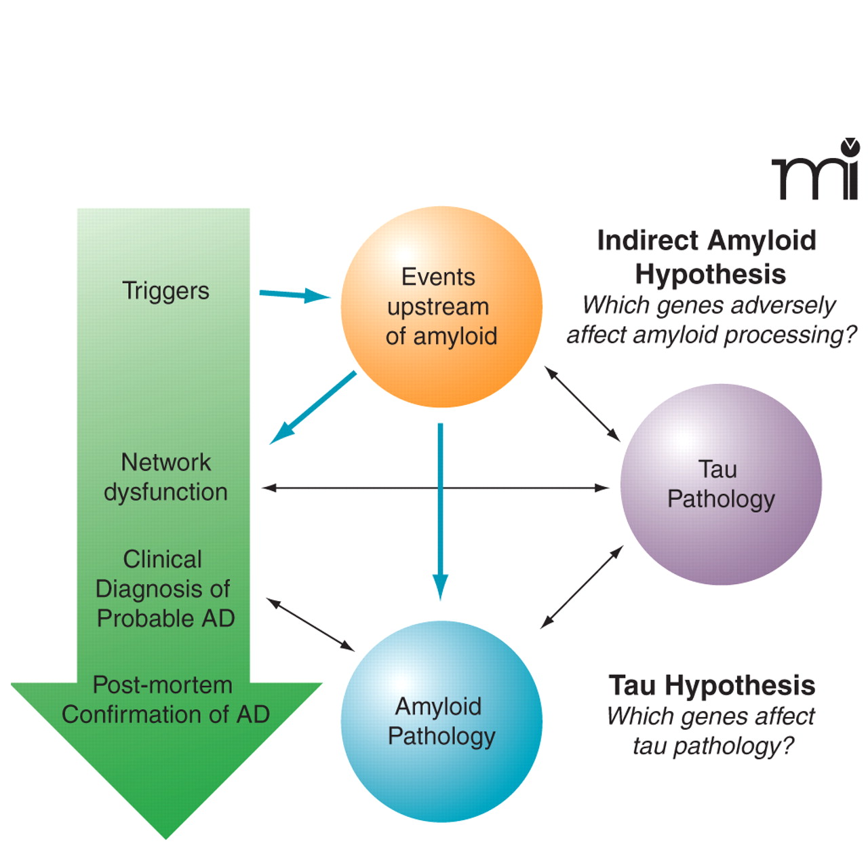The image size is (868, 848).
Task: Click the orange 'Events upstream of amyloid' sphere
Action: (441, 307)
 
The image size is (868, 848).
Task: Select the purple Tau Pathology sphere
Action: (721, 484)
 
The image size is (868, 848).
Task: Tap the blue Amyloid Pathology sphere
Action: (441, 721)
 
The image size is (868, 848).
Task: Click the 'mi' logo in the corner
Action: (816, 172)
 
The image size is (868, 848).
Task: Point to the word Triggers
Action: (165, 291)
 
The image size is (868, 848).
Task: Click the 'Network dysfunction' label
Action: (165, 477)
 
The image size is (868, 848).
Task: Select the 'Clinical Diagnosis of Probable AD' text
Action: (164, 589)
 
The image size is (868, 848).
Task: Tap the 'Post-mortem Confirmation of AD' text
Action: (165, 699)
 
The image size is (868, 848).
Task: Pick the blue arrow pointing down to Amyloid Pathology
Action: (441, 509)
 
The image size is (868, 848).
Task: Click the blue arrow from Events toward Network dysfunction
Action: (313, 408)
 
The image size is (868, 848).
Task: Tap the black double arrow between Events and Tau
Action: (583, 404)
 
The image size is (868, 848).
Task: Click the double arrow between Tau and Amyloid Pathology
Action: (582, 587)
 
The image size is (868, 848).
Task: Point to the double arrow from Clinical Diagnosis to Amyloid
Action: (311, 625)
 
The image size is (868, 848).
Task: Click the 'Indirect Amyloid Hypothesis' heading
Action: (708, 257)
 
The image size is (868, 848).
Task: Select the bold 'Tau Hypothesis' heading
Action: (712, 685)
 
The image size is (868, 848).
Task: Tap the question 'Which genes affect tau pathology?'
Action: (711, 731)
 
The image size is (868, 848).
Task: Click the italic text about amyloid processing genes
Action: (711, 320)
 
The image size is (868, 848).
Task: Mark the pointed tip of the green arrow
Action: (165, 836)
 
